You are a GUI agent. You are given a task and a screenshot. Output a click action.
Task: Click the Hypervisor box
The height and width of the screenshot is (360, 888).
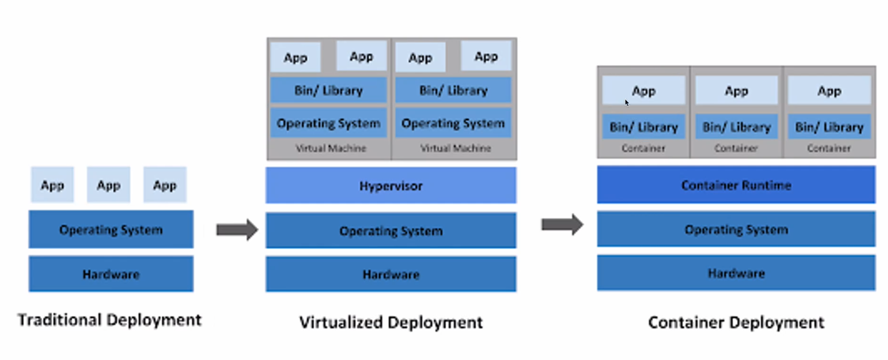tap(391, 186)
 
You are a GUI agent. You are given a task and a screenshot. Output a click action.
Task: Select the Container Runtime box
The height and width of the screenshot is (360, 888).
tap(736, 185)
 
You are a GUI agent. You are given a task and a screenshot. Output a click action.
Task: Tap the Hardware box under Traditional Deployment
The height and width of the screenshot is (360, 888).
tap(111, 274)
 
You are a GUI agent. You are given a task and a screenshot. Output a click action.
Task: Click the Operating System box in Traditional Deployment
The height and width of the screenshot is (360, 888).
tap(111, 229)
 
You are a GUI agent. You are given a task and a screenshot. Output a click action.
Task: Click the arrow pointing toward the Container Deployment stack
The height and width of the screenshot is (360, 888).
tap(562, 224)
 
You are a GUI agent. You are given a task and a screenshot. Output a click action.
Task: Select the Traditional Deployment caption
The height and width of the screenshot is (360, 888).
tap(109, 320)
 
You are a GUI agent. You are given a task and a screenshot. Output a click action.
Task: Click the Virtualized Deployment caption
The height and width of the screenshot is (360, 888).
tap(391, 323)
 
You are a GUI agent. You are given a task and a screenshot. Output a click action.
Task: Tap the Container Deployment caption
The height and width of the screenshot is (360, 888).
tap(736, 323)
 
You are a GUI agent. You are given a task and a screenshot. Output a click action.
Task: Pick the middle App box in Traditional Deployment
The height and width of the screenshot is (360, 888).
tap(108, 185)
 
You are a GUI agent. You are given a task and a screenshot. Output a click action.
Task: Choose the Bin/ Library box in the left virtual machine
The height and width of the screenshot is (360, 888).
tap(328, 90)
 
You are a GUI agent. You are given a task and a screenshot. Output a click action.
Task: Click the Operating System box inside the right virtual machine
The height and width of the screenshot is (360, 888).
tap(453, 123)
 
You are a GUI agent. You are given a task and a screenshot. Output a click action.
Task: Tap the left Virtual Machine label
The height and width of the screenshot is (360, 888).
tap(331, 148)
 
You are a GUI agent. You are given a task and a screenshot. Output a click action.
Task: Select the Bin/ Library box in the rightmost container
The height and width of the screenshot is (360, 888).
tap(829, 127)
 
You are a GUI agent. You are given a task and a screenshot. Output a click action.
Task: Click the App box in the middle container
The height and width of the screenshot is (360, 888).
tap(736, 91)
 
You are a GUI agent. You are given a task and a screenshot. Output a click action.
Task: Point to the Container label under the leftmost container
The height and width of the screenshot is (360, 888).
tap(643, 148)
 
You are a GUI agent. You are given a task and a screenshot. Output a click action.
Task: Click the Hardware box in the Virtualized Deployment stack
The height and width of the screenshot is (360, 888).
tap(391, 274)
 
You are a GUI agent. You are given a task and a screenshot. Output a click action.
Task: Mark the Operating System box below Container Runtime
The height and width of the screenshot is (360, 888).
tap(736, 229)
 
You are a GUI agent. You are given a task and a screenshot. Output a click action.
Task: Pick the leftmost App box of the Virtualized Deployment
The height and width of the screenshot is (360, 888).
tap(295, 58)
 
